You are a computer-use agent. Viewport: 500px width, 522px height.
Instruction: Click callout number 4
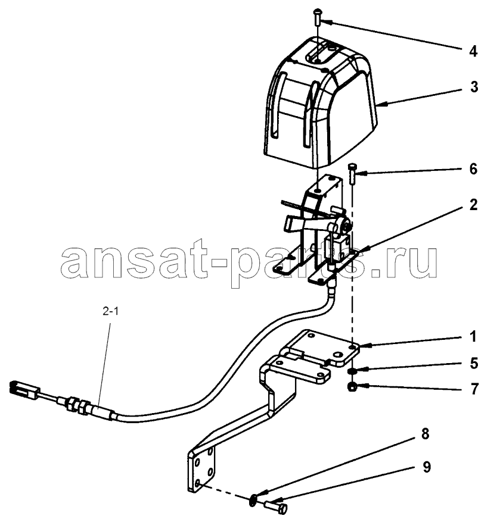click(473, 52)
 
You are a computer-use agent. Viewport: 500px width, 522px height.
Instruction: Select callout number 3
click(474, 87)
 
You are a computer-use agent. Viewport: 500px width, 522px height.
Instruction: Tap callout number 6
click(473, 169)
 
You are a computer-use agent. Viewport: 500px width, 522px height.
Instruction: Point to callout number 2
click(473, 205)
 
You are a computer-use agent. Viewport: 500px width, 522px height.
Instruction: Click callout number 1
click(473, 336)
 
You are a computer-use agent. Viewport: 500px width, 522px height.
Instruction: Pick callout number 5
click(474, 363)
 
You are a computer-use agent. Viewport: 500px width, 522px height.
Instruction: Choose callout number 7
click(474, 389)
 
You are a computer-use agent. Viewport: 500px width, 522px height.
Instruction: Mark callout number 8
click(425, 434)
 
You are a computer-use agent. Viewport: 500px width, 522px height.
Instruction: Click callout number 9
click(426, 467)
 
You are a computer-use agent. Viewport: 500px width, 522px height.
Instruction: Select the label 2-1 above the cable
click(111, 311)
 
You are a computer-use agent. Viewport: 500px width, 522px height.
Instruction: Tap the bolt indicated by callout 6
click(352, 173)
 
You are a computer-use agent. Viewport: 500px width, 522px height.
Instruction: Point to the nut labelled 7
click(351, 387)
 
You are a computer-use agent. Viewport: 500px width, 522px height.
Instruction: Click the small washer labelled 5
click(352, 371)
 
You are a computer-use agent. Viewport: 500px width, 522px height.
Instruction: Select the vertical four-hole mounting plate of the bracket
click(202, 469)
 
